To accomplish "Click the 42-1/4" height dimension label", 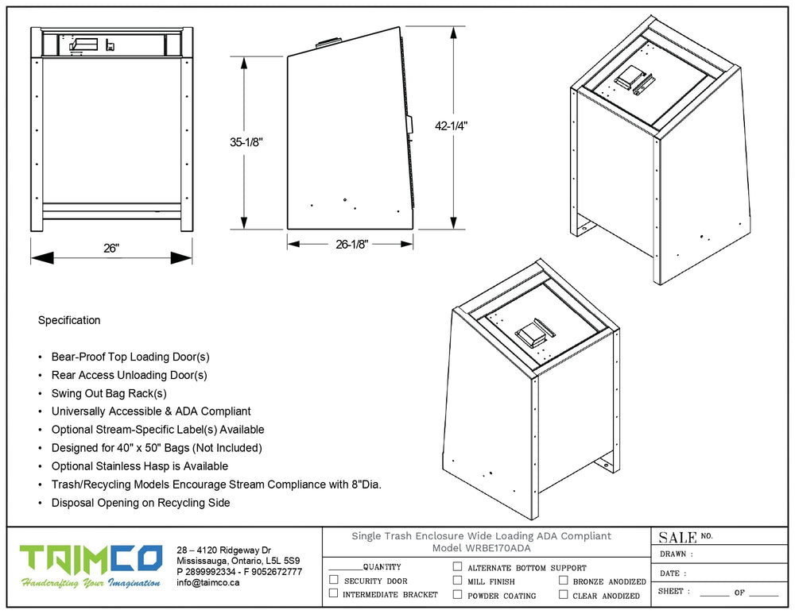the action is pos(451,126).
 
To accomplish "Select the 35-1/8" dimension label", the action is pos(246,142).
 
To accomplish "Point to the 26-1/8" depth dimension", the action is pos(351,244).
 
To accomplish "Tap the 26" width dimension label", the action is pos(111,248).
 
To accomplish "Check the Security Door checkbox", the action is pos(334,580).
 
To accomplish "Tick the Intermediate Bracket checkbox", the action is pos(334,593).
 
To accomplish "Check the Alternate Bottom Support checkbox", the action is pos(457,566).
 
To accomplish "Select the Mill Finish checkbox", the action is pos(457,580).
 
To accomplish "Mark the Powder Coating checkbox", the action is pos(457,594).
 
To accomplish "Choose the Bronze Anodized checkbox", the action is pos(564,580).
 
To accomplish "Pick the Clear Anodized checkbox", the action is pos(564,594).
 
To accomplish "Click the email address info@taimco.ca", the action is pos(207,582).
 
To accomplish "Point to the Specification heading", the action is pos(69,320).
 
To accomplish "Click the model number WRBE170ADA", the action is pos(498,547).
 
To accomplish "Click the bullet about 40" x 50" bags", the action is pos(157,448).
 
